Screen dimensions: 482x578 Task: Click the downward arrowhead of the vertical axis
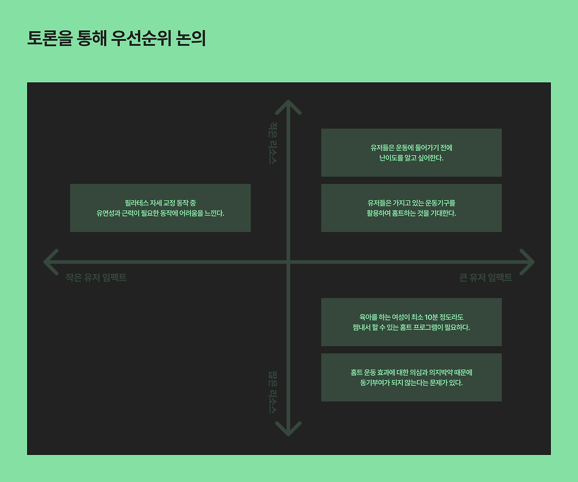(x=288, y=430)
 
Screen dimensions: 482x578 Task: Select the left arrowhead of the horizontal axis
(x=50, y=262)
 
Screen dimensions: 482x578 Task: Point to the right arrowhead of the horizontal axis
(x=528, y=262)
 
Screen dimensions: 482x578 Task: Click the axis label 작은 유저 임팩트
(x=96, y=278)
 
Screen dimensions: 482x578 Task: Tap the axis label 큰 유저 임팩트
(x=485, y=278)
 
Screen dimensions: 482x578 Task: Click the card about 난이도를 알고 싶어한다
(x=411, y=152)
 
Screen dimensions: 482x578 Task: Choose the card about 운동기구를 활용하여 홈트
(x=411, y=208)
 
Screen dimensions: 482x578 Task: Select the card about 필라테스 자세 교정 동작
(x=160, y=208)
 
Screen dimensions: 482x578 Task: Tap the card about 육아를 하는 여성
(x=411, y=322)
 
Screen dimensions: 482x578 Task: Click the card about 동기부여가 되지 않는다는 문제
(x=411, y=377)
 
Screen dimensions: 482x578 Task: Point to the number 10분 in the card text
(x=431, y=317)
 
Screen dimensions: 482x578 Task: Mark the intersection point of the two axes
(x=288, y=262)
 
